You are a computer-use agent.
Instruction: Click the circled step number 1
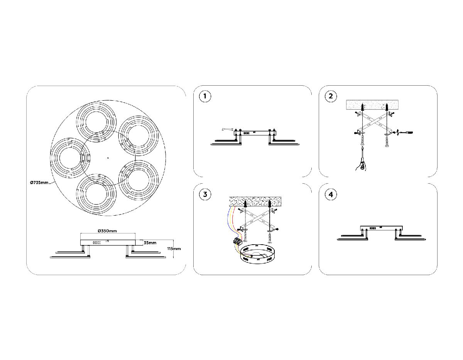[205, 96]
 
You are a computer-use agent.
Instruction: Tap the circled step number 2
[331, 96]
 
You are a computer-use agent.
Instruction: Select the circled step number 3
[205, 194]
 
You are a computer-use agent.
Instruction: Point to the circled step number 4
[331, 194]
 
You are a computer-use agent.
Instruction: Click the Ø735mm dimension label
[39, 183]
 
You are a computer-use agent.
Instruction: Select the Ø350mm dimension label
[107, 231]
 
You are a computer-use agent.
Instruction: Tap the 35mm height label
[150, 243]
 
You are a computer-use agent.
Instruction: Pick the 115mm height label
[174, 249]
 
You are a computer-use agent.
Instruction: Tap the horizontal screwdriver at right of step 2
[406, 133]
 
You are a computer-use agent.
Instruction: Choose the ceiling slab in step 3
[255, 201]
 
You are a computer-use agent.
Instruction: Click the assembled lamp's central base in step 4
[381, 228]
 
